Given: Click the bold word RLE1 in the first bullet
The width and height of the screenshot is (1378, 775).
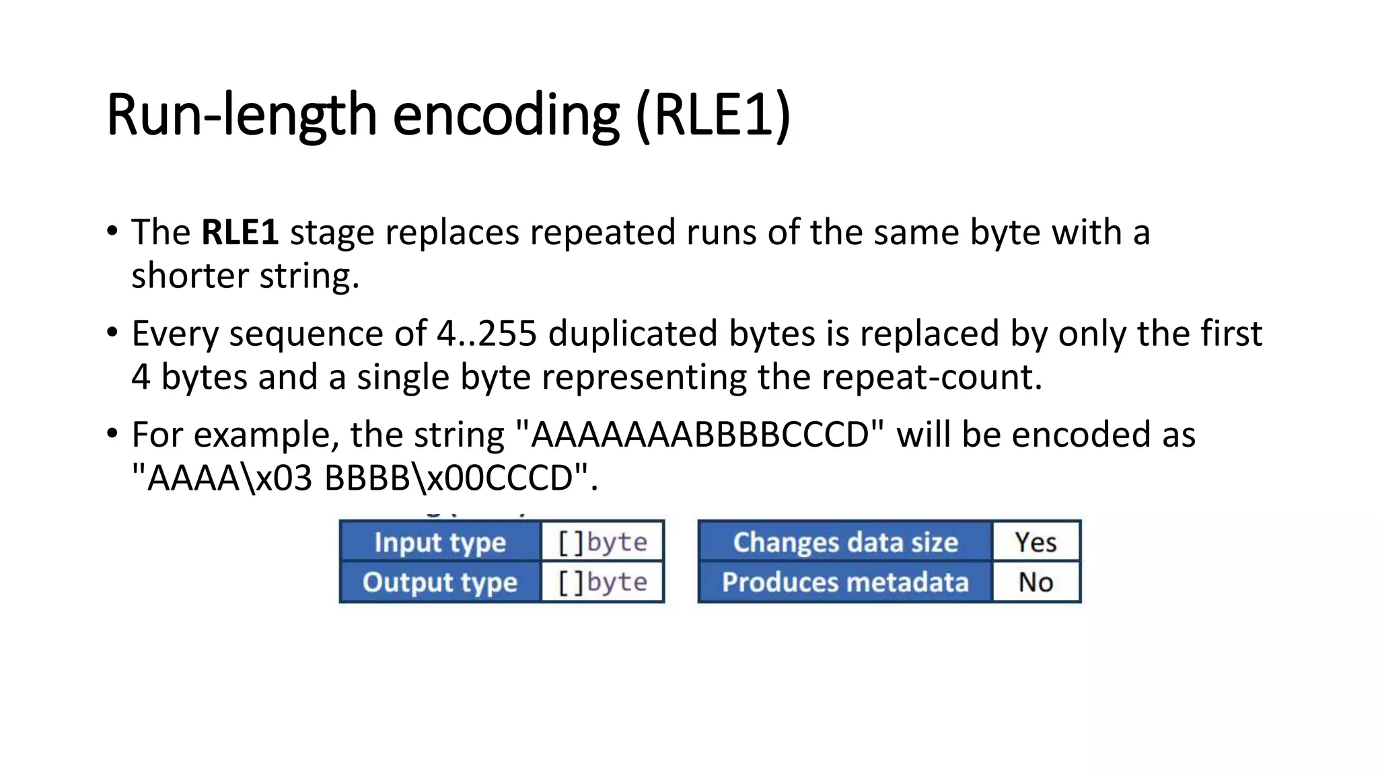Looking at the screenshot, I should click(x=240, y=233).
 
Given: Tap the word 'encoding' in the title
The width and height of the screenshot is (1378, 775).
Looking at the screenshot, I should click(x=505, y=115).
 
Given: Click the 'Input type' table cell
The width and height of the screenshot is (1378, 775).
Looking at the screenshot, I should click(x=440, y=542).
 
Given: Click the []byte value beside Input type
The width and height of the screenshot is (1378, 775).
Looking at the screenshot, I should click(x=603, y=542).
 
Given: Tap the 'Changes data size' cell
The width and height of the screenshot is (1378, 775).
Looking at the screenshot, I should click(x=845, y=542).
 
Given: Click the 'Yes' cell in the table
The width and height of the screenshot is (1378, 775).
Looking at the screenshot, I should click(x=1036, y=542).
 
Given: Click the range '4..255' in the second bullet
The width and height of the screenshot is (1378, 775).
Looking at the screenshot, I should click(x=486, y=334).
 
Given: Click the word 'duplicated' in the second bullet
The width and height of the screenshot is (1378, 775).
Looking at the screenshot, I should click(x=632, y=334).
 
